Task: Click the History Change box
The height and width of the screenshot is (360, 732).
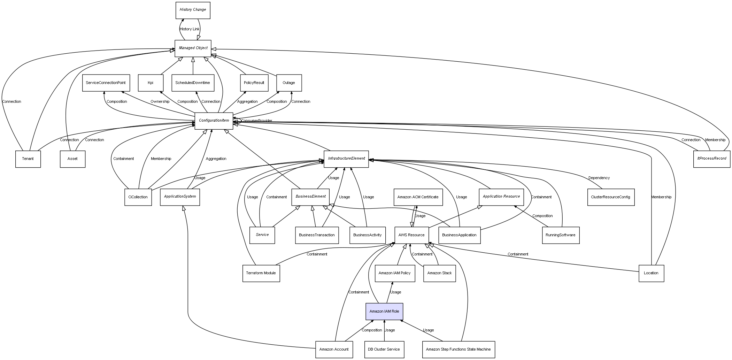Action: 193,10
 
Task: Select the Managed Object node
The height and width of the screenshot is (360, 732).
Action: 193,48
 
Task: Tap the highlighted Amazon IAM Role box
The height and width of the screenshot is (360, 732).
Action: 384,311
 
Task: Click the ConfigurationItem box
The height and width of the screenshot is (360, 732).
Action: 214,121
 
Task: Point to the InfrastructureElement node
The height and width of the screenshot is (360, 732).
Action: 346,159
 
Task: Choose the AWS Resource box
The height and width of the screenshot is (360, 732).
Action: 411,235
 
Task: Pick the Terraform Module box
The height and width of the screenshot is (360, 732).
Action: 261,273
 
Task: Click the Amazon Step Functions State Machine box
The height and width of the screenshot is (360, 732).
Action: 458,349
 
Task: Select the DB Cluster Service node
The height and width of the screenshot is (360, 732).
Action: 384,349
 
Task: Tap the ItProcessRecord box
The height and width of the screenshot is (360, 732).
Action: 711,159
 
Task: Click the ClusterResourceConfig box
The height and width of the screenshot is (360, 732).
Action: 610,197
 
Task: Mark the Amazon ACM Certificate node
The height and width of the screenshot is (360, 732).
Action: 418,197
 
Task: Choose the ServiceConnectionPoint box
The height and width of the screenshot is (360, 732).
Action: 106,83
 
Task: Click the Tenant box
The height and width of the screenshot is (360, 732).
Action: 28,159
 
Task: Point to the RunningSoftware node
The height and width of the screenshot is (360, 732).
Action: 561,235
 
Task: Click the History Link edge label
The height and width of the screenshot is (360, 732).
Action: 190,29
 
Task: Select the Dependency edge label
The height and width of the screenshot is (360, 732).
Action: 599,178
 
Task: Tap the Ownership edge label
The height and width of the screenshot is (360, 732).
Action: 160,102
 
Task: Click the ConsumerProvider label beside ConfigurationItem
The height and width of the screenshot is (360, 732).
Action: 256,121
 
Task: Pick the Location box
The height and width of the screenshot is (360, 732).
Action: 651,273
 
